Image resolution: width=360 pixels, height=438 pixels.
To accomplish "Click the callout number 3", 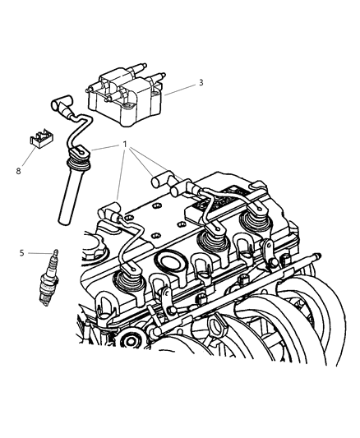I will (201, 82).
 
